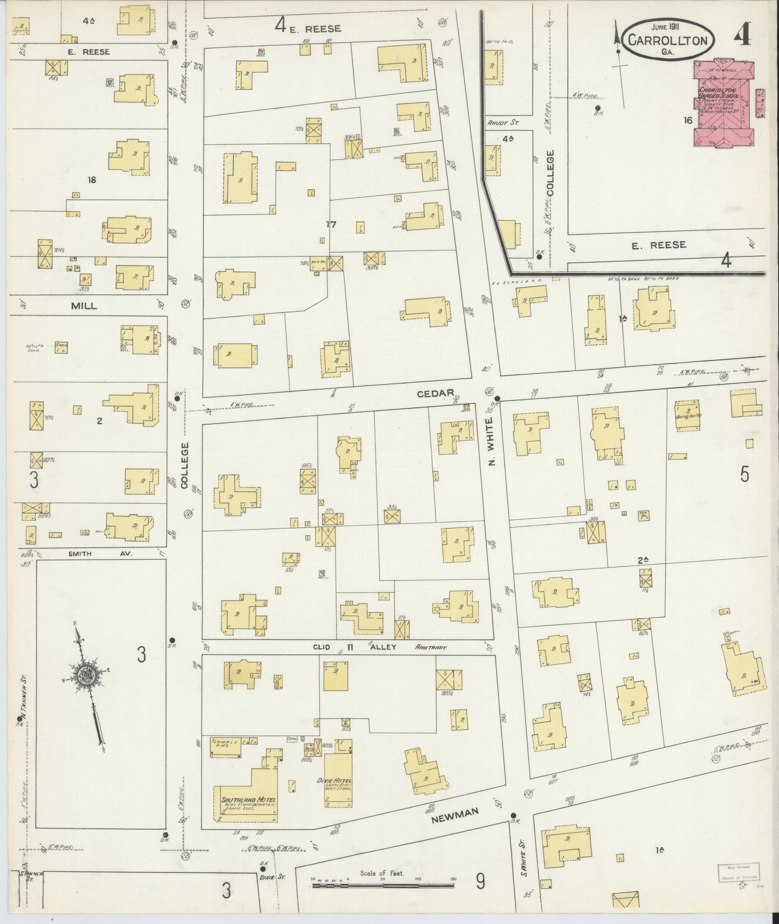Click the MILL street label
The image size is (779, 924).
tap(84, 306)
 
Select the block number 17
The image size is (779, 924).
tap(331, 224)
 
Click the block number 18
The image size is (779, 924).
tap(91, 180)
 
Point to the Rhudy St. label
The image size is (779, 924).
tap(503, 123)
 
